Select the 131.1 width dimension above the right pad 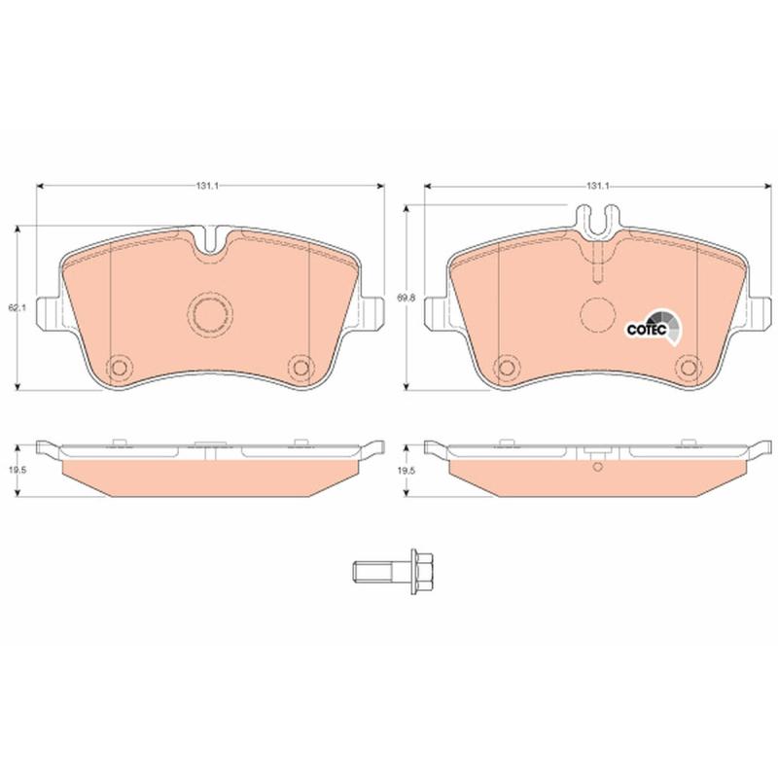[598, 186]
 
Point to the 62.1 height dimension [17, 307]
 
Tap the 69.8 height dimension [405, 299]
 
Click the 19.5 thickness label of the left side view [17, 470]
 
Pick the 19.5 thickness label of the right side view [405, 470]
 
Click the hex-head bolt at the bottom [394, 572]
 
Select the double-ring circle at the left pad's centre [211, 313]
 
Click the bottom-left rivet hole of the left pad [120, 368]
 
